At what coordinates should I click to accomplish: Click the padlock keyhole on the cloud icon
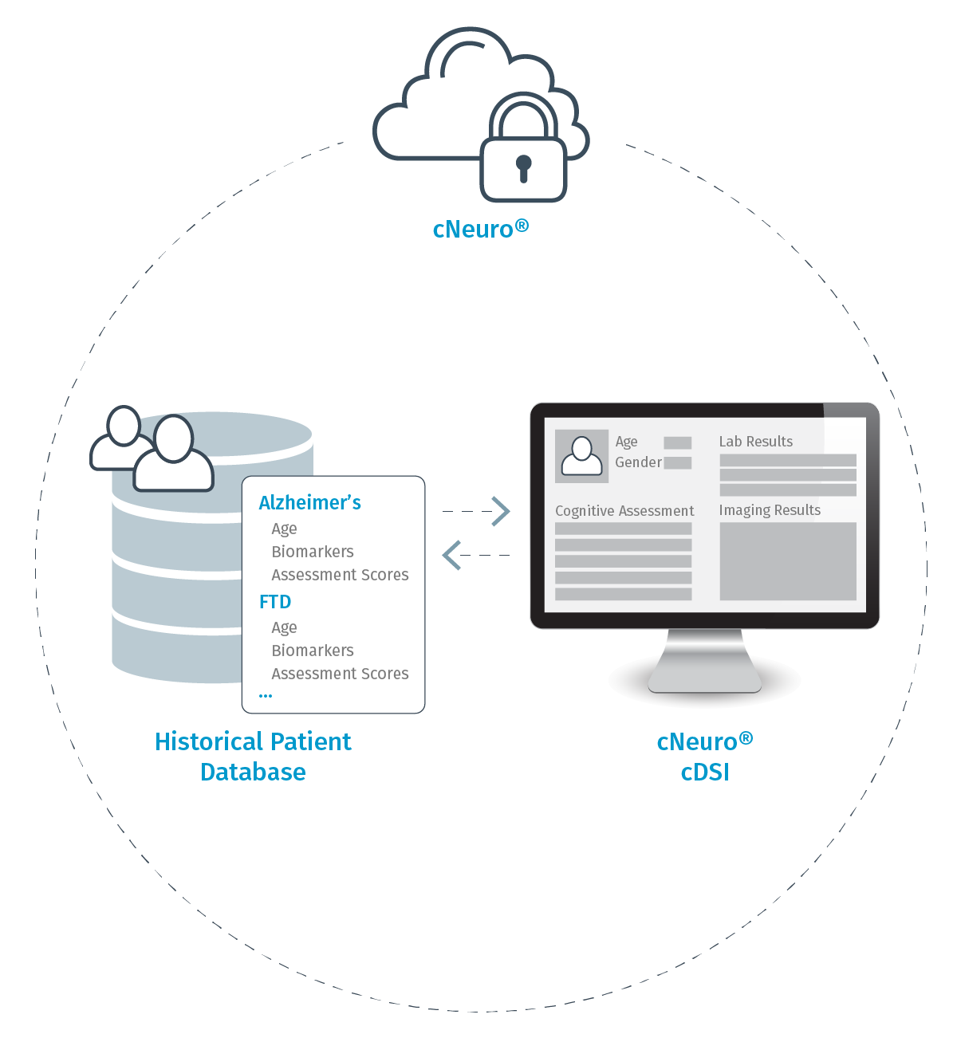coord(523,167)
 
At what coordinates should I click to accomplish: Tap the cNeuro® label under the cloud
coord(480,229)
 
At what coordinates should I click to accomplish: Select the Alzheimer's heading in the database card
coord(309,503)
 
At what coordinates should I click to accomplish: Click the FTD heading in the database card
coord(275,602)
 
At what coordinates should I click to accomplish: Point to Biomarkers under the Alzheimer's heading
coord(313,552)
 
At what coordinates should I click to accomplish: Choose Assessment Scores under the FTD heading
coord(340,674)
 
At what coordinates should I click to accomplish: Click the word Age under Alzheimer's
coord(284,529)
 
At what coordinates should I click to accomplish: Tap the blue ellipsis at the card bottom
coord(266,696)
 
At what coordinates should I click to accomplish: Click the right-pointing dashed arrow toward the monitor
coord(499,511)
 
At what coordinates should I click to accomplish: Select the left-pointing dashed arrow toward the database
coord(453,555)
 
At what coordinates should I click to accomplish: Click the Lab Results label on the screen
coord(756,442)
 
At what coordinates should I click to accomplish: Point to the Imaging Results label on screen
coord(770,510)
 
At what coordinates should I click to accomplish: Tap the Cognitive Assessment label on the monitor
coord(624,511)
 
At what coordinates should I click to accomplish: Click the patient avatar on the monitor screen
coord(582,457)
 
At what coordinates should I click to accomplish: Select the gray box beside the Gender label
coord(678,463)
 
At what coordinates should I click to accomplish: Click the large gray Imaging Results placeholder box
coord(788,561)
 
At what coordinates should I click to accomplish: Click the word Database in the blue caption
coord(254,772)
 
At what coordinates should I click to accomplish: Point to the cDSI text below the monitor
coord(705,772)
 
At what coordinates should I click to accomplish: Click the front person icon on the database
coord(174,454)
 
